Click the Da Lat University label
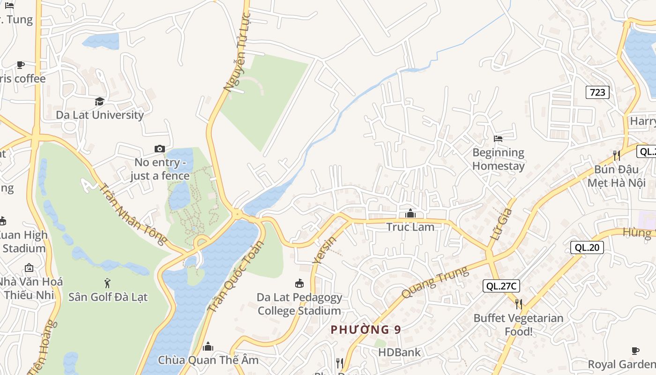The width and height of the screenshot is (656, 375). coord(100,115)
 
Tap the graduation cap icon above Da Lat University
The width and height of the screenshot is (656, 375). coord(99,101)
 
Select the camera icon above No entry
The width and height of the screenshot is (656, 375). coord(160,149)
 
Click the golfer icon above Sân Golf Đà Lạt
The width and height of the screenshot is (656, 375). coord(108,283)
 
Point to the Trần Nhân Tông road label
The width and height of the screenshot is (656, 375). coord(133,214)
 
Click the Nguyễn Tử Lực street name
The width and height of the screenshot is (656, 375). coord(238,52)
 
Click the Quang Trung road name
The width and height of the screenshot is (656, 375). coord(435,282)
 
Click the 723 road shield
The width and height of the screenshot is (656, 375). coord(597,92)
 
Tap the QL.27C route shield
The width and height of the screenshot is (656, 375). coord(501,286)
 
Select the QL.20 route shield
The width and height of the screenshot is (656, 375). coord(587,247)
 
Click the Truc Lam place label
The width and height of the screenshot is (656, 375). coord(410,227)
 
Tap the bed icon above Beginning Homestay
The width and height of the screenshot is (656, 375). coord(498,139)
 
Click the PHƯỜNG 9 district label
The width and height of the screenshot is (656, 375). coord(366,330)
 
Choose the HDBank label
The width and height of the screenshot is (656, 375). coord(400,352)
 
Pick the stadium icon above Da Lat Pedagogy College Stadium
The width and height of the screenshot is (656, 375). coord(299,283)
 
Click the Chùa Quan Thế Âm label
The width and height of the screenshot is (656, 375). coord(208,360)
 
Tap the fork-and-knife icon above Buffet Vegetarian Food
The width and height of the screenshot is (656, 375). coord(518,304)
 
